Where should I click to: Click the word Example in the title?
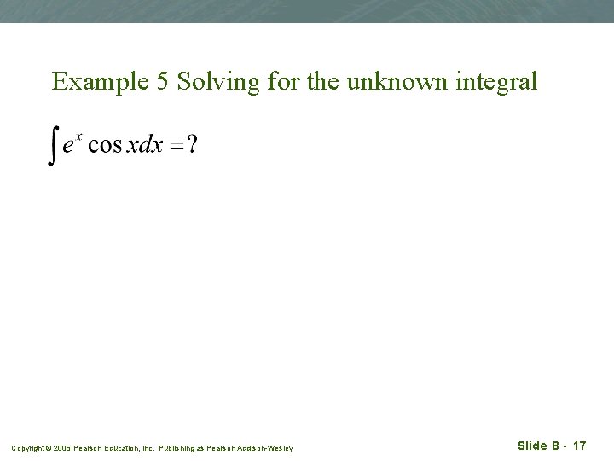tap(88, 82)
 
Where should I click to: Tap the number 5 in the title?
tap(140, 81)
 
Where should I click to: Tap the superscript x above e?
tap(78, 135)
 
